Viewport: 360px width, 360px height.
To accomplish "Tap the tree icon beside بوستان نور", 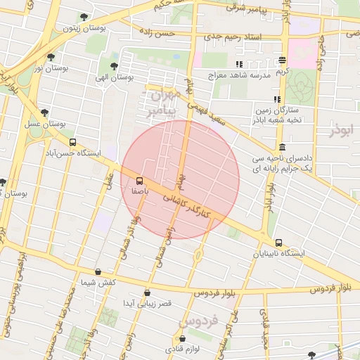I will coord(50,57).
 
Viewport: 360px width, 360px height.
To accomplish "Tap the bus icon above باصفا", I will coord(139,180).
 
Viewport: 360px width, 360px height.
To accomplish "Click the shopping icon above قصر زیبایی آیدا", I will coord(147,292).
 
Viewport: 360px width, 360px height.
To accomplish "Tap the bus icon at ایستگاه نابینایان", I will coord(279,243).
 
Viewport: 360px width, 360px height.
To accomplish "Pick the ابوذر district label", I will coord(342,131).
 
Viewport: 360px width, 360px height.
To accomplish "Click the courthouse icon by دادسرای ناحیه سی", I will coord(282,147).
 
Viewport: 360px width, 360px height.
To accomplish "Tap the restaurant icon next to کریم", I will coord(282,60).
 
